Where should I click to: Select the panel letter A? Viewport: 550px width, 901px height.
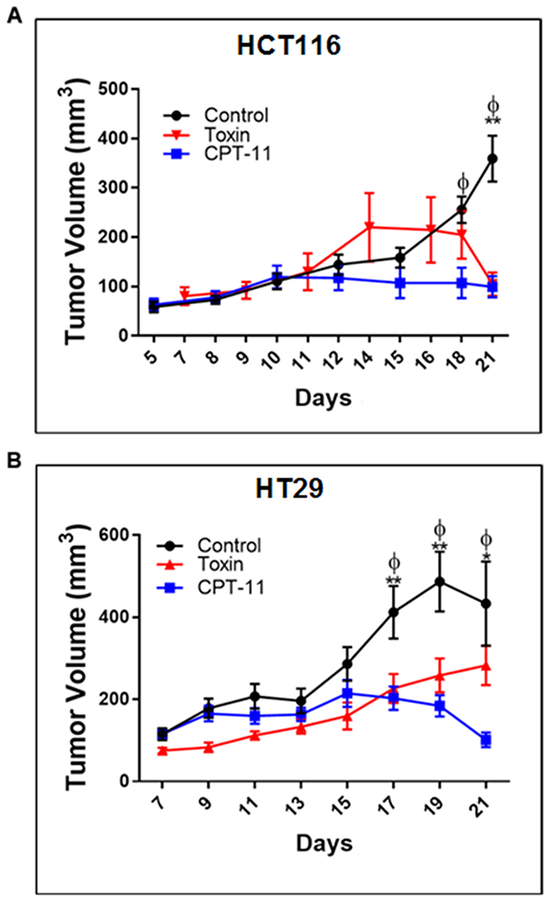click(14, 16)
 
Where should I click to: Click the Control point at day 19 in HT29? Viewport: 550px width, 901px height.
click(439, 582)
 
